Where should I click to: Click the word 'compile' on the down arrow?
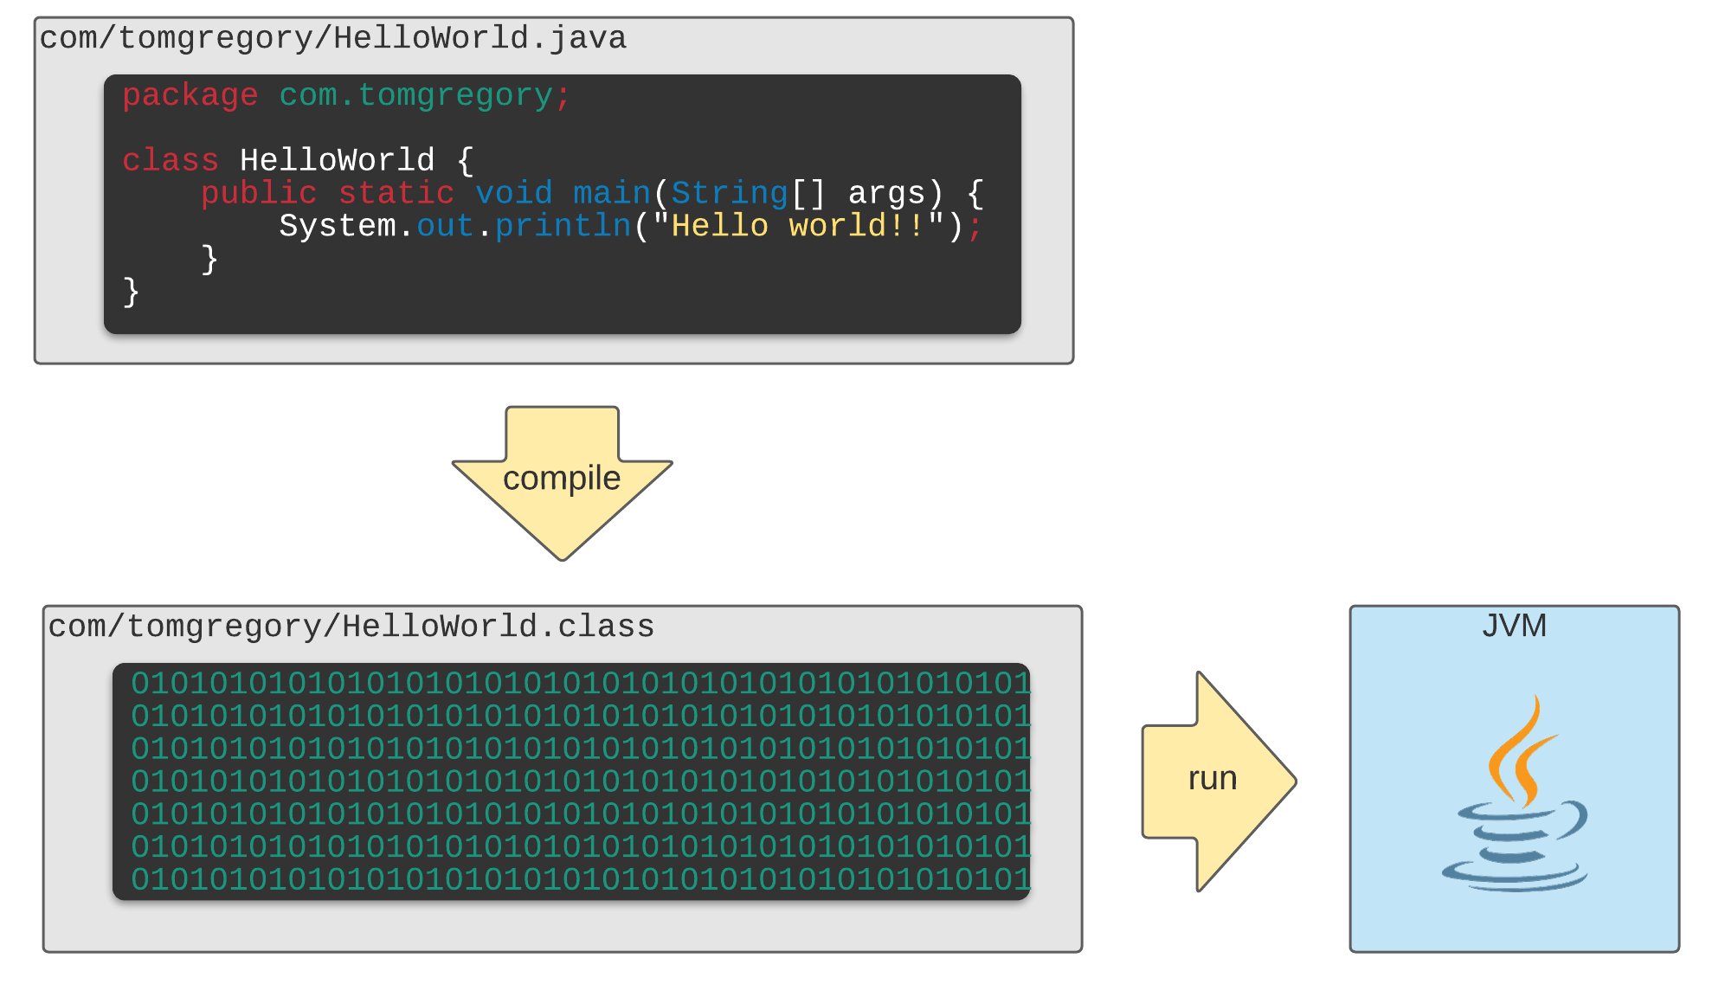pyautogui.click(x=562, y=479)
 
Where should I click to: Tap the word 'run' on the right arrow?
pyautogui.click(x=1212, y=779)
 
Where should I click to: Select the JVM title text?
pyautogui.click(x=1514, y=626)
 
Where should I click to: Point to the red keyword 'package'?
pyautogui.click(x=190, y=96)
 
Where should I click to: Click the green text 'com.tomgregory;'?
pyautogui.click(x=424, y=96)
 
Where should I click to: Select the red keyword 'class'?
pyautogui.click(x=171, y=161)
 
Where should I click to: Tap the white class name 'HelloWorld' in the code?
pyautogui.click(x=337, y=161)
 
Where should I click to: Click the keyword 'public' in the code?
pyautogui.click(x=259, y=194)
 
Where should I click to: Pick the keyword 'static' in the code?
pyautogui.click(x=396, y=194)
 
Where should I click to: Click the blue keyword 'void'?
pyautogui.click(x=514, y=194)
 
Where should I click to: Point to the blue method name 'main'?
pyautogui.click(x=611, y=194)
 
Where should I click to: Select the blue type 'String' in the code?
pyautogui.click(x=730, y=194)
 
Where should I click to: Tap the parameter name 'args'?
pyautogui.click(x=886, y=194)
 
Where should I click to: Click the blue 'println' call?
pyautogui.click(x=563, y=227)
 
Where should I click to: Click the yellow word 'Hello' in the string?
pyautogui.click(x=720, y=227)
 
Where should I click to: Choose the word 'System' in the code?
pyautogui.click(x=338, y=227)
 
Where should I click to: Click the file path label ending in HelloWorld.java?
pyautogui.click(x=333, y=39)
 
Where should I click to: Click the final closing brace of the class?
pyautogui.click(x=132, y=293)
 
